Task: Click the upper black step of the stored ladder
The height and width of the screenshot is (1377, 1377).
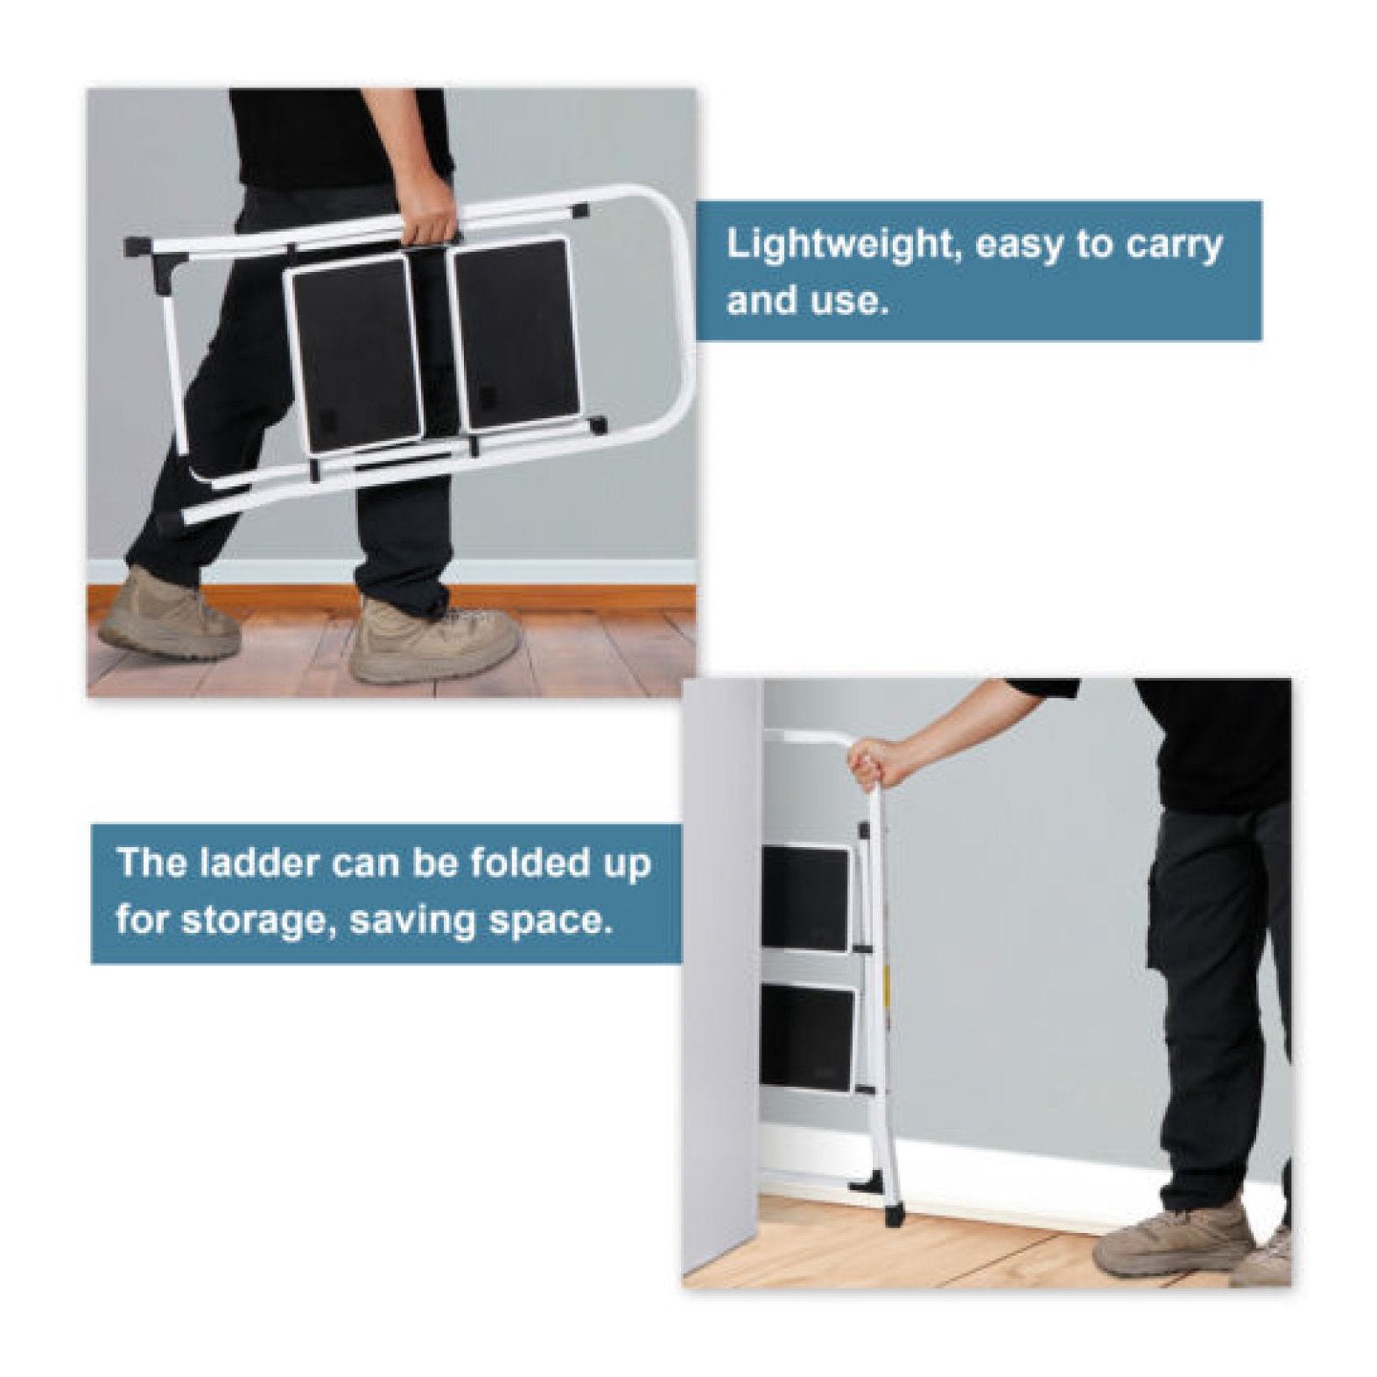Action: (x=806, y=898)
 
